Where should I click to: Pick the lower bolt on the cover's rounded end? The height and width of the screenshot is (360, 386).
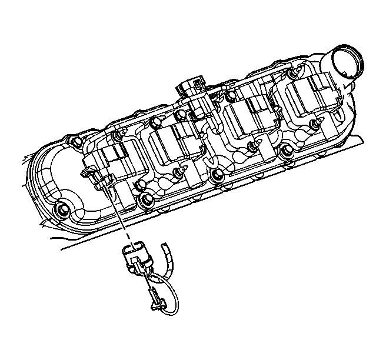point(61,210)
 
